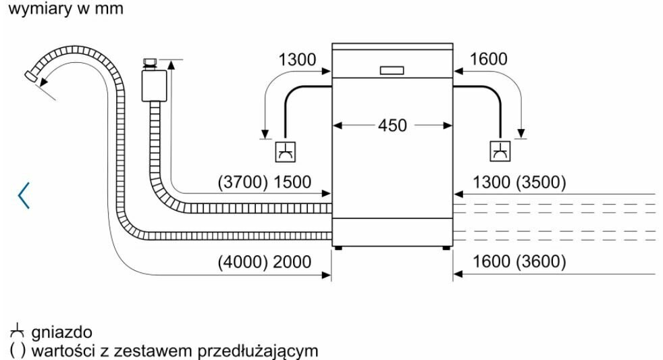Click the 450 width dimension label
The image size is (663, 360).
[x=392, y=125]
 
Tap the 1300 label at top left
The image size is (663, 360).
[x=297, y=60]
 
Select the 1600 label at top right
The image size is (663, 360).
[x=488, y=60]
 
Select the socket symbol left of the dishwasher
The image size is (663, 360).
[x=285, y=152]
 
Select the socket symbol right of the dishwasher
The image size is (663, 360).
[x=500, y=152]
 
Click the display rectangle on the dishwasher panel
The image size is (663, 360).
[x=392, y=70]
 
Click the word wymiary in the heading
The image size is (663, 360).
[x=30, y=11]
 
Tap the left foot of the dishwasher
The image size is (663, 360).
[x=336, y=248]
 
